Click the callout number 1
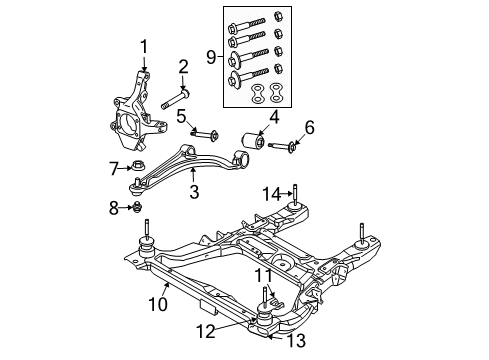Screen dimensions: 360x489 coord(143,45)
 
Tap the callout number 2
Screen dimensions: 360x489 coord(183,67)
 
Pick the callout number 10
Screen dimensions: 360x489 coord(308,127)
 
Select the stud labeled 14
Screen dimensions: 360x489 coord(298,195)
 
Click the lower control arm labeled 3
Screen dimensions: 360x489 coord(185,165)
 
